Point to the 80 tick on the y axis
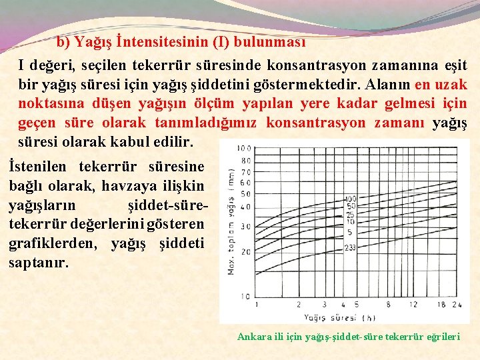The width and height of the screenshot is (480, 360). [246, 160]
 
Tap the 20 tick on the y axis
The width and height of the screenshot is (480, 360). [246, 251]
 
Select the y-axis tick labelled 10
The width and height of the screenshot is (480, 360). [246, 296]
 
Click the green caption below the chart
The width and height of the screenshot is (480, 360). [349, 337]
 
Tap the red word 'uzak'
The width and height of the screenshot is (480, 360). [450, 85]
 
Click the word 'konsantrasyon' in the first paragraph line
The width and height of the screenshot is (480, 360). [313, 65]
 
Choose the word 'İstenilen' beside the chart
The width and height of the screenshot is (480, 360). [41, 166]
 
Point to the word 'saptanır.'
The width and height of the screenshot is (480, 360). [39, 263]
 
